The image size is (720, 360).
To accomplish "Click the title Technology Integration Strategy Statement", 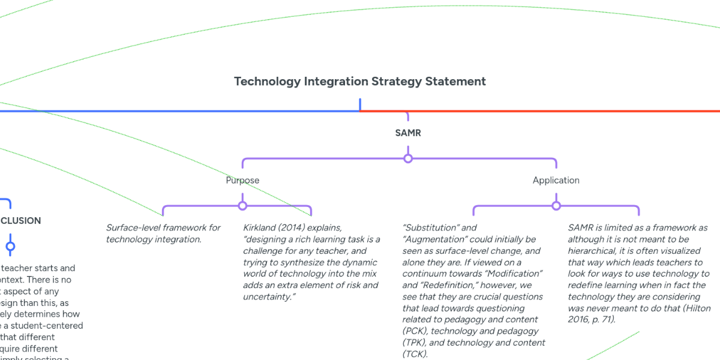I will (x=360, y=81).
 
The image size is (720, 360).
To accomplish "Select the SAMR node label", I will (x=408, y=133).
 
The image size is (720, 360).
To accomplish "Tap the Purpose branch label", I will (x=242, y=180).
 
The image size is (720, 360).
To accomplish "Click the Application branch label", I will (x=556, y=180).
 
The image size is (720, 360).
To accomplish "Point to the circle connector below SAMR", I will (x=408, y=158).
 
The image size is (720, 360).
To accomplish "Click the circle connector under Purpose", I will (x=242, y=206).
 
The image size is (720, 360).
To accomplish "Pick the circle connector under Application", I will (x=556, y=206).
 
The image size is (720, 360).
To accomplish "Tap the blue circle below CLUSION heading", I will (x=10, y=246).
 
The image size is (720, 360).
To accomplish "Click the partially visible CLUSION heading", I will (x=20, y=220).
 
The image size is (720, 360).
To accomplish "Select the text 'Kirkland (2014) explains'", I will (x=292, y=228).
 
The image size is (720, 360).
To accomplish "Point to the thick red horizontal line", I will (x=540, y=111).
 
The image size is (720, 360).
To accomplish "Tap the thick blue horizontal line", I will (x=180, y=111).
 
